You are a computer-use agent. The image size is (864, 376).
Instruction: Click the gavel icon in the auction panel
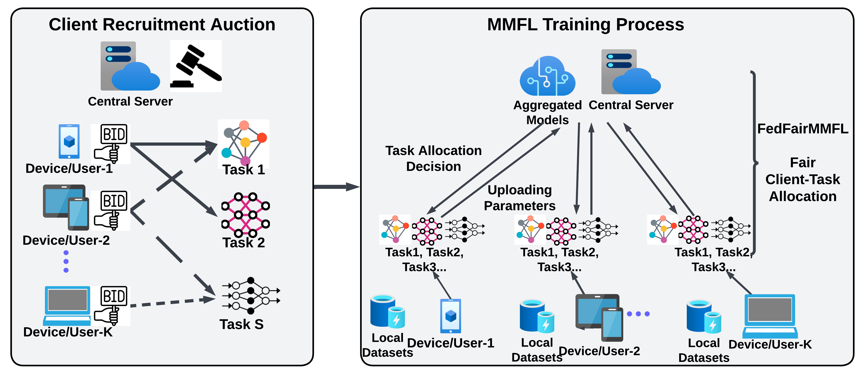(x=196, y=66)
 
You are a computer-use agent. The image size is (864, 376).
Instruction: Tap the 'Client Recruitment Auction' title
(x=162, y=25)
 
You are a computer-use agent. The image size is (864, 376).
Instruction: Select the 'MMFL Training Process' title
(x=585, y=25)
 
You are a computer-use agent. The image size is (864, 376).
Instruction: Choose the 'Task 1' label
(x=244, y=170)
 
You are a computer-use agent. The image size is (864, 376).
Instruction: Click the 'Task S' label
(x=241, y=324)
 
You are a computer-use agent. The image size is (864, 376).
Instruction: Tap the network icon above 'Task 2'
(x=245, y=214)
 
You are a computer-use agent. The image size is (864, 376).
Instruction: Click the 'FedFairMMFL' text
(x=803, y=129)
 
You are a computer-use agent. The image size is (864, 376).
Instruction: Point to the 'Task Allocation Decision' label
(x=433, y=159)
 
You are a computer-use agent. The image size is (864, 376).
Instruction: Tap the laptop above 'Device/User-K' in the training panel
(x=770, y=316)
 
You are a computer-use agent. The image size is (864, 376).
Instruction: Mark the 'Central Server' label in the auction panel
(x=130, y=101)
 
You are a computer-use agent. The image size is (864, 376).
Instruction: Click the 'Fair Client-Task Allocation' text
(x=803, y=179)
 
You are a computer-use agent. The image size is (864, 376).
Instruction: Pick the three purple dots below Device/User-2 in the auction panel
(x=66, y=261)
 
